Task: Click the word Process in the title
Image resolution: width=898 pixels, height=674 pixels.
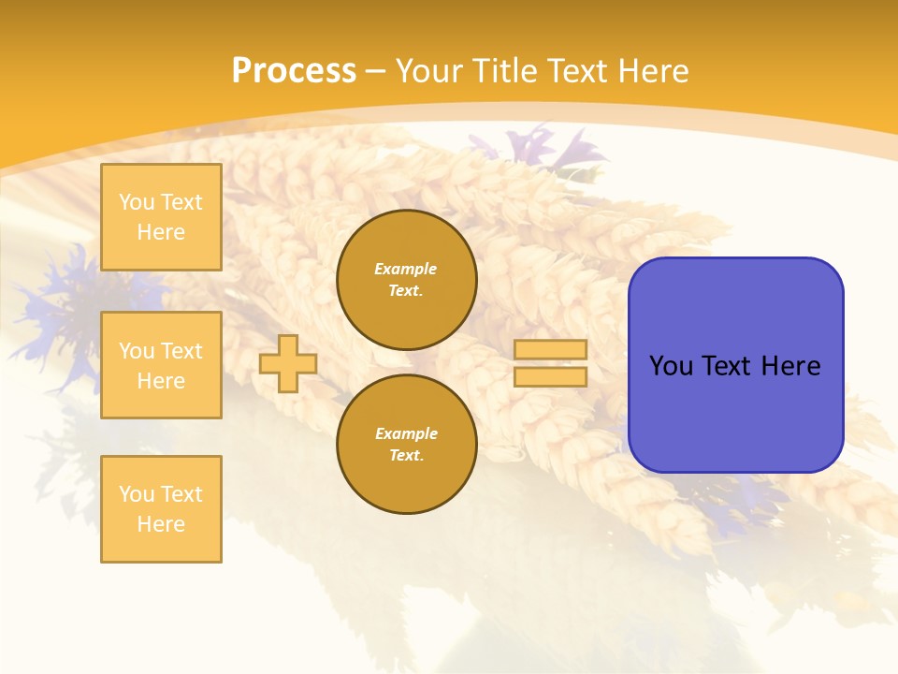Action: [x=294, y=71]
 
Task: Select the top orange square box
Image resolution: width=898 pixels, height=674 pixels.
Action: [x=161, y=217]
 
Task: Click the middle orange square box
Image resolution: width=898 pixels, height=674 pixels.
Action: [x=161, y=365]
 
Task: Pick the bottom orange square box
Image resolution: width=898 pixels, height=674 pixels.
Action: [x=161, y=509]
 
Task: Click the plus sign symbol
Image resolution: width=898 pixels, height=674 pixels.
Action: [x=288, y=363]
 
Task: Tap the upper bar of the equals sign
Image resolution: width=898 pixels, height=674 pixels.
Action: [x=550, y=349]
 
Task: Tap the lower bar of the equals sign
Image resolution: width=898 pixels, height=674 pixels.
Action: [x=550, y=377]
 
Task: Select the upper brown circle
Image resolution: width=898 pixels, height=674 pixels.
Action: [x=407, y=280]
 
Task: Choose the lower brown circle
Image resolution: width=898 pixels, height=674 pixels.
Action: [x=407, y=445]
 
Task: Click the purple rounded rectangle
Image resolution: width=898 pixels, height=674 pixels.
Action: [x=735, y=365]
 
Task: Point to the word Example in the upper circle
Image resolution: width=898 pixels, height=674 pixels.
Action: [x=405, y=269]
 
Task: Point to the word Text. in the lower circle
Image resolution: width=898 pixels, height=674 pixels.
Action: [x=406, y=456]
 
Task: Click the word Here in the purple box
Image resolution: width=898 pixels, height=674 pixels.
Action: [x=790, y=366]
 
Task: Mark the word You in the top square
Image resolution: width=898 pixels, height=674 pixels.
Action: [x=137, y=202]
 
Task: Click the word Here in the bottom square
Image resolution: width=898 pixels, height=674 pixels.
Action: [x=161, y=524]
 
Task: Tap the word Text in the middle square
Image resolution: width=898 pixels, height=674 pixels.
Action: [x=181, y=351]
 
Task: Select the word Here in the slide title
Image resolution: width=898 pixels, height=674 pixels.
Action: [x=655, y=71]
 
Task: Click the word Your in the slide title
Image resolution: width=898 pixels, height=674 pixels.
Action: [x=429, y=71]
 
